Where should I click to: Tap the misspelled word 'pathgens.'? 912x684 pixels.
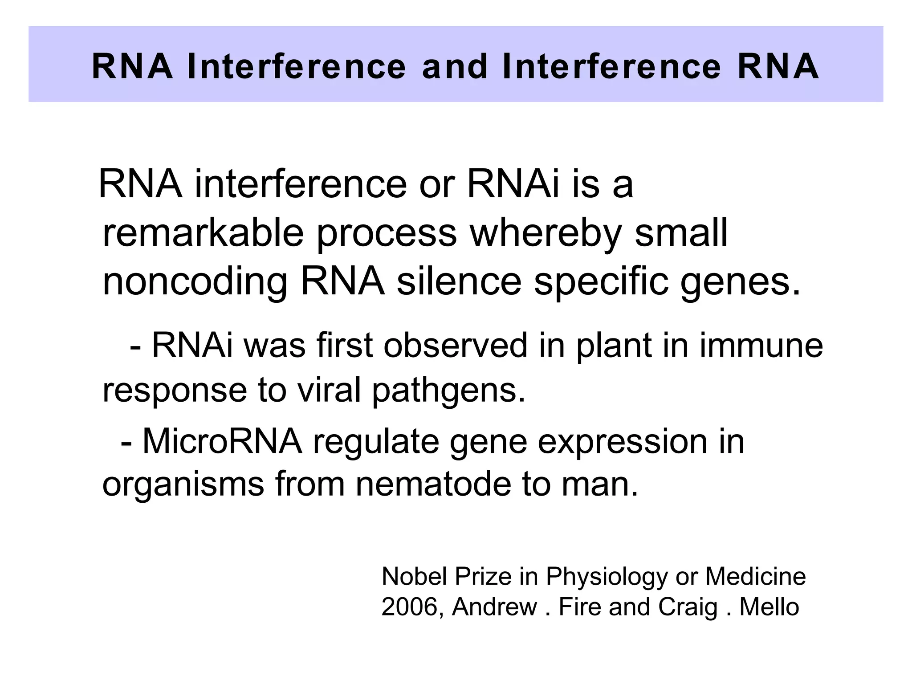click(x=448, y=391)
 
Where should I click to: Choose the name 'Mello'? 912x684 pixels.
click(x=769, y=607)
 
